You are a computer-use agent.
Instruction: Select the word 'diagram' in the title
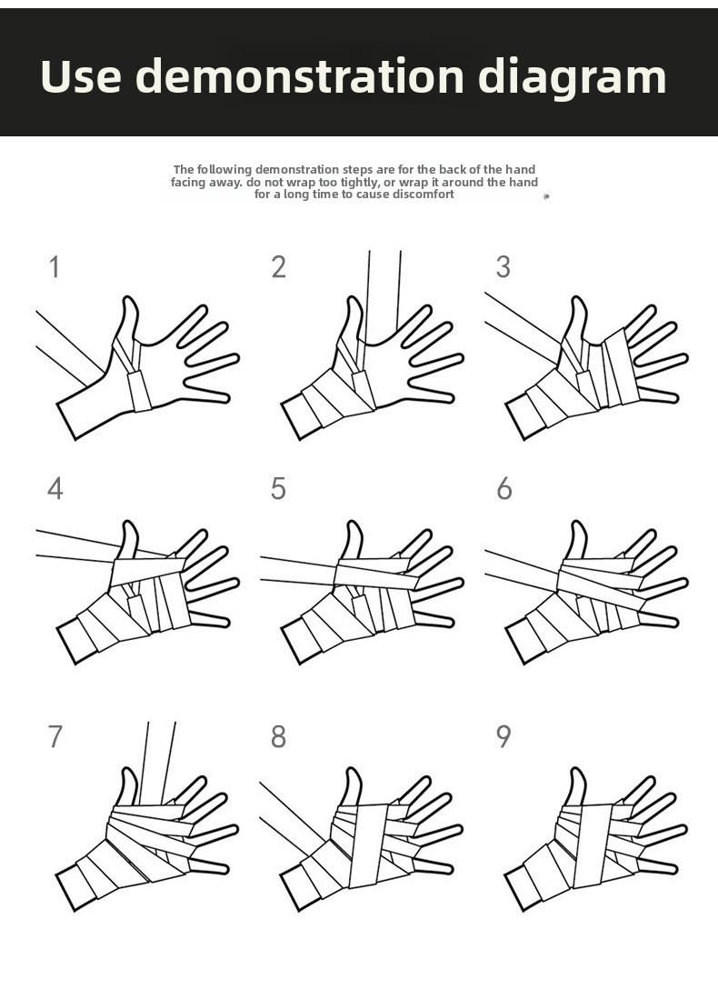click(x=573, y=77)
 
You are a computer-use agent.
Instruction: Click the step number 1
click(x=55, y=267)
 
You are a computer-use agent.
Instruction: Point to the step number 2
click(x=279, y=267)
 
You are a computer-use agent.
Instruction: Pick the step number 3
click(x=503, y=267)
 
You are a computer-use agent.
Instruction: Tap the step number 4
click(x=55, y=489)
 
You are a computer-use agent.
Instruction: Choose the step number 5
click(x=279, y=489)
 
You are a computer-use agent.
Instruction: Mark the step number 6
click(x=504, y=489)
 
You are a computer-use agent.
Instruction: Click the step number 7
click(x=55, y=736)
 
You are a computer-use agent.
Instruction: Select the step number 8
click(x=279, y=736)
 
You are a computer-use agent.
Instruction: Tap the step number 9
click(x=503, y=736)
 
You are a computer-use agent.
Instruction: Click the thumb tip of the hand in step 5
click(x=354, y=523)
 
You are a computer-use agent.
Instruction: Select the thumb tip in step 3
click(x=577, y=298)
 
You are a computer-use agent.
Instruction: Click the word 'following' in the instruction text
click(x=224, y=170)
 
